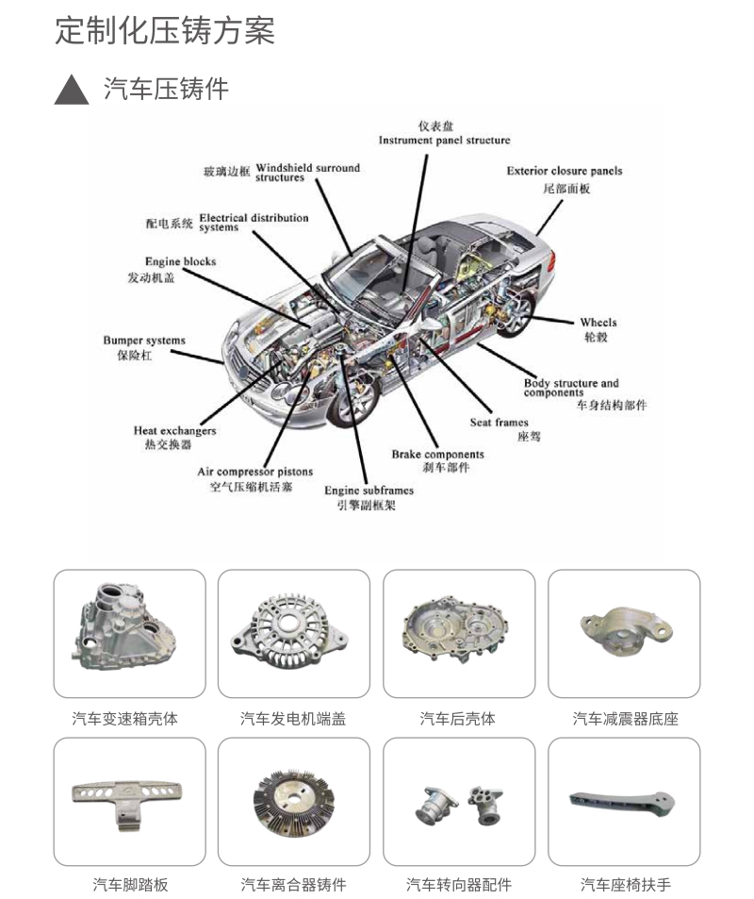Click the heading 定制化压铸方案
(x=165, y=31)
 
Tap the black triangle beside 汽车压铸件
(x=73, y=91)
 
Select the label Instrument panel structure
(x=444, y=141)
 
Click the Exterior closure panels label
(x=564, y=171)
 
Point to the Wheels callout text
(x=598, y=323)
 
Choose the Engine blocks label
(x=180, y=261)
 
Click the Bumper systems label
(x=144, y=341)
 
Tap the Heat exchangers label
(x=174, y=431)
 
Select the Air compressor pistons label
(x=254, y=472)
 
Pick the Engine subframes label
(x=369, y=491)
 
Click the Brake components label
(x=437, y=455)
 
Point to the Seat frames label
(x=499, y=423)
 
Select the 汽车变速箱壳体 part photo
(x=129, y=633)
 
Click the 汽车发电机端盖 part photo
(x=293, y=633)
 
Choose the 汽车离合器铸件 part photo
(x=293, y=801)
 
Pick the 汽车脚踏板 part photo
(x=129, y=801)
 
